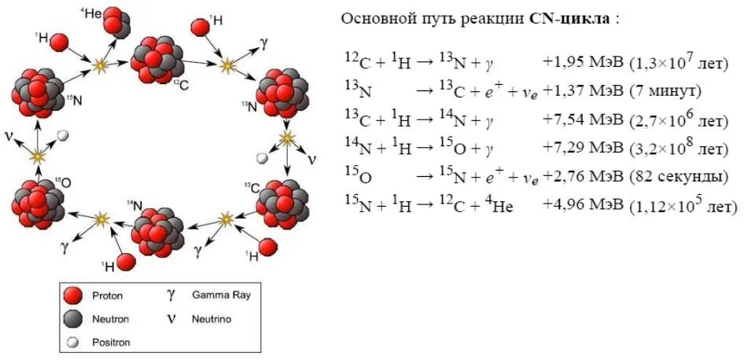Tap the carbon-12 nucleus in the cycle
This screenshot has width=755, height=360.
point(156,59)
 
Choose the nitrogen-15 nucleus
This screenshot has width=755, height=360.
point(37,92)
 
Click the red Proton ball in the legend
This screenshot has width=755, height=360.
point(73,296)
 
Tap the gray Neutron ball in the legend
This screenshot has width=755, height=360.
point(73,318)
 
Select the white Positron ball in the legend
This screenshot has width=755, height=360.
point(72,341)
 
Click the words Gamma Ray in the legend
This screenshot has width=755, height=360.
point(221,296)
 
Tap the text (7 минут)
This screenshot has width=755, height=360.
point(665,92)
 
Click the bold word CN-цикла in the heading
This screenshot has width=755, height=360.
point(569,18)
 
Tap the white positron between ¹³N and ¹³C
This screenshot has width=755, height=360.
point(262,158)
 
